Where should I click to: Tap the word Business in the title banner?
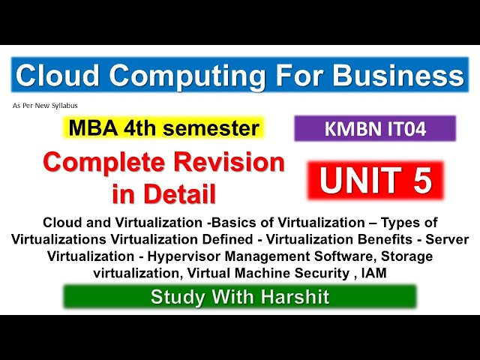point(397,76)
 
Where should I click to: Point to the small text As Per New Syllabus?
point(45,106)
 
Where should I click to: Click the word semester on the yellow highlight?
point(216,128)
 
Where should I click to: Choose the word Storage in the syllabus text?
point(407,256)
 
